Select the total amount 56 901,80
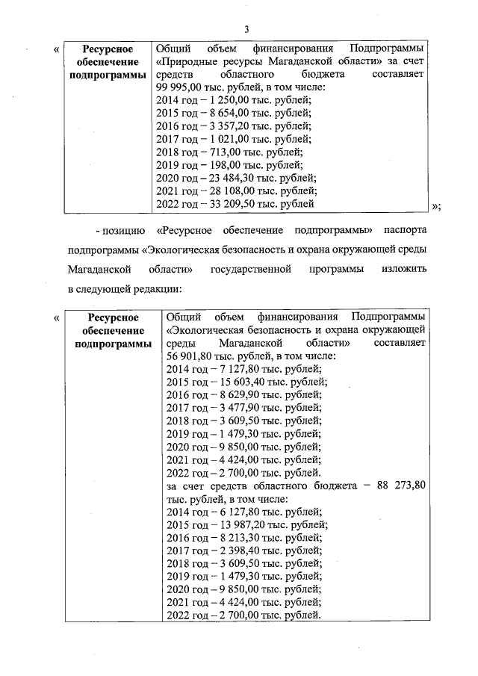coord(193,356)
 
